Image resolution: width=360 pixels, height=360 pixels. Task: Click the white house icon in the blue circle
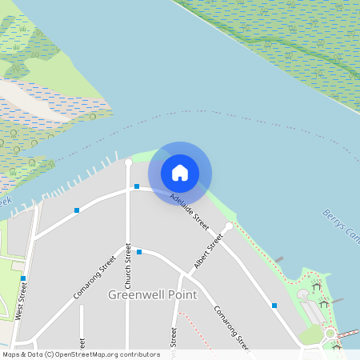[x=180, y=173]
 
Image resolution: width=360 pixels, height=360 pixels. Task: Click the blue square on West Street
[x=23, y=278]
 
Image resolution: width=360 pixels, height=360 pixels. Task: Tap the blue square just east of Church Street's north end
[x=137, y=186]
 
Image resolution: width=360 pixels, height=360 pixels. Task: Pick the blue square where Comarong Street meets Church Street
[x=139, y=252]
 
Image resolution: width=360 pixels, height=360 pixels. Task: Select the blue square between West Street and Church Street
[x=77, y=210]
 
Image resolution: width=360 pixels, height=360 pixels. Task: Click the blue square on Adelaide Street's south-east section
[x=274, y=305]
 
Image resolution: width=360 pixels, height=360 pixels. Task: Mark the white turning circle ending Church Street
[x=128, y=162]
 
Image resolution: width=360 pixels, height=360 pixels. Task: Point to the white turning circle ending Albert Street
[x=229, y=226]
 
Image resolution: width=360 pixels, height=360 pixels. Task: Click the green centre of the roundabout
[x=330, y=332]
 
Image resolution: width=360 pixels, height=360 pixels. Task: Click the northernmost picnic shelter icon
[x=317, y=286]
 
